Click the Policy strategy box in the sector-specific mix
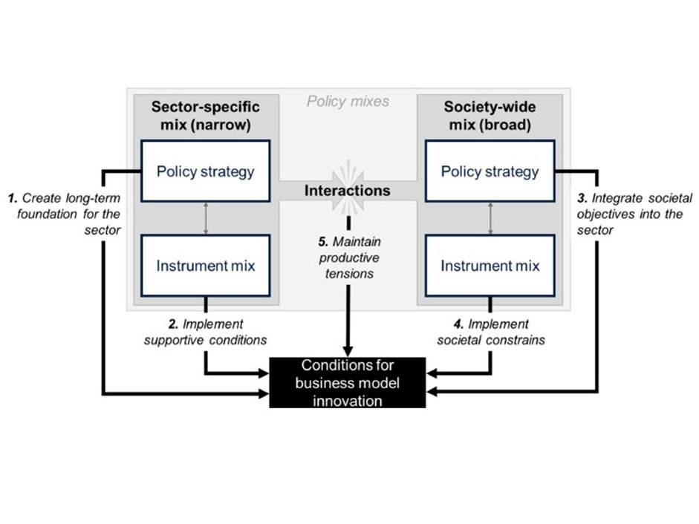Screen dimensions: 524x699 tap(205, 172)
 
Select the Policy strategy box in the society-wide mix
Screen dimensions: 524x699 tap(490, 172)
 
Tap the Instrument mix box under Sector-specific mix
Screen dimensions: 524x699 tap(205, 266)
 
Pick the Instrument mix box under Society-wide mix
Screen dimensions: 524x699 tap(490, 266)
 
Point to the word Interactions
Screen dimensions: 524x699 tap(347, 191)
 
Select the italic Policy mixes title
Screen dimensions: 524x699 tap(348, 101)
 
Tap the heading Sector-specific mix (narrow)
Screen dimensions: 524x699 tap(205, 115)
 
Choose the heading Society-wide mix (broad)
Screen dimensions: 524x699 tap(490, 115)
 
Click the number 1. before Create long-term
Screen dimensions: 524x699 tap(13, 199)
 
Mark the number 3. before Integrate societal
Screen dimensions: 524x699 tap(582, 199)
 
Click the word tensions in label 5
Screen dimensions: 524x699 tap(347, 274)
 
